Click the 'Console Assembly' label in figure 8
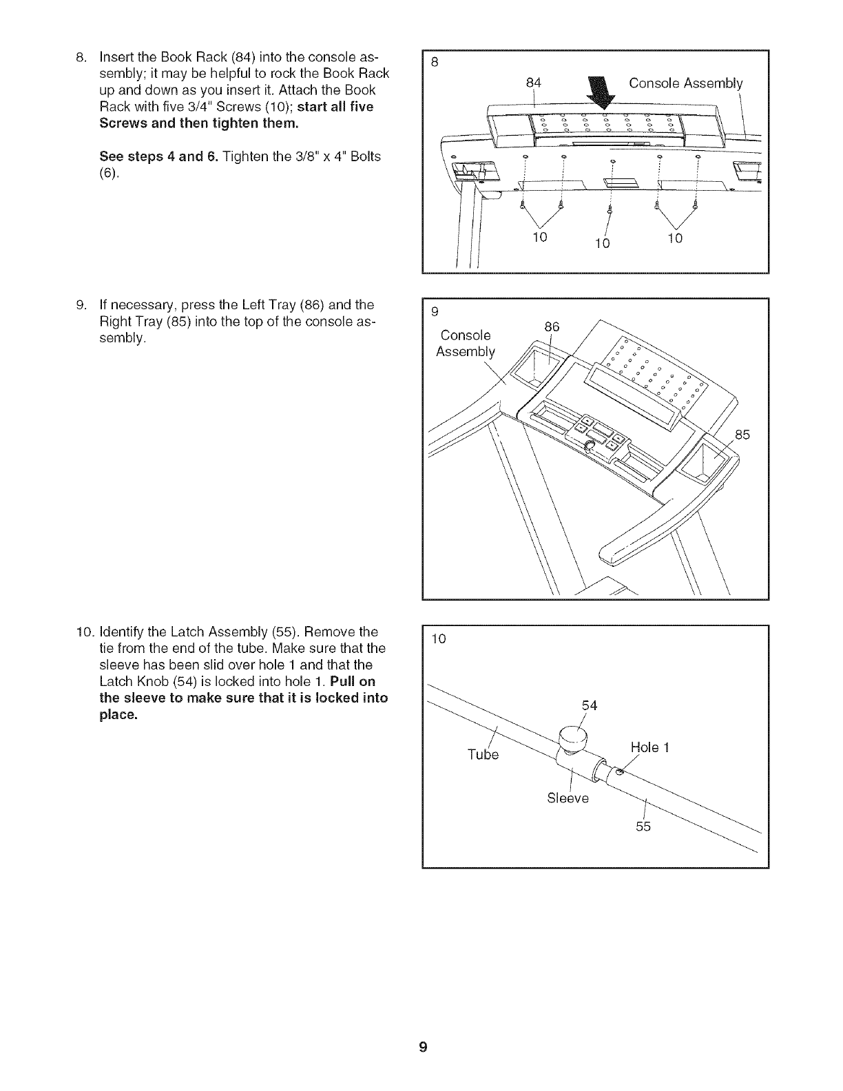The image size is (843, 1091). point(685,83)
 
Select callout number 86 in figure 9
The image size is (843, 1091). point(552,326)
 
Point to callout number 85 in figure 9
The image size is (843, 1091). point(742,435)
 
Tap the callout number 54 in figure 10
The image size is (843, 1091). point(589,705)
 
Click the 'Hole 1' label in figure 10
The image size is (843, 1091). point(649,748)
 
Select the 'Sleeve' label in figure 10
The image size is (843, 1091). point(568,798)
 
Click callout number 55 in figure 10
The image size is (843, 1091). point(643,827)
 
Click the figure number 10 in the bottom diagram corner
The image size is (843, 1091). point(439,638)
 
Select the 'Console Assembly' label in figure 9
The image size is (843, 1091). point(465,344)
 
